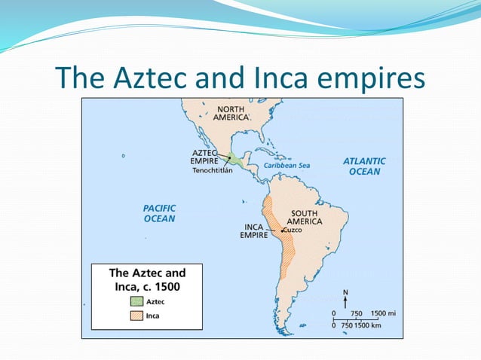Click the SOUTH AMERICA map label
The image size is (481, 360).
pyautogui.click(x=307, y=217)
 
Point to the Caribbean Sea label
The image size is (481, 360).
pyautogui.click(x=286, y=166)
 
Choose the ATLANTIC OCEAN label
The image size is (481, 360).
pyautogui.click(x=364, y=166)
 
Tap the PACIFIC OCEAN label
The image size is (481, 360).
pyautogui.click(x=159, y=212)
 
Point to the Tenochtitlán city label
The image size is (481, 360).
pyautogui.click(x=213, y=169)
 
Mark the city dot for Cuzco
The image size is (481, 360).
pyautogui.click(x=281, y=230)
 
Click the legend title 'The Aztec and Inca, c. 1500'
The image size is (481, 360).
pyautogui.click(x=147, y=279)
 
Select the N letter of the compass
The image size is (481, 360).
pyautogui.click(x=345, y=292)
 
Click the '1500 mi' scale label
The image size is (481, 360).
pyautogui.click(x=384, y=313)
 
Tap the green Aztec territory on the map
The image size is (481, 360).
pyautogui.click(x=237, y=159)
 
